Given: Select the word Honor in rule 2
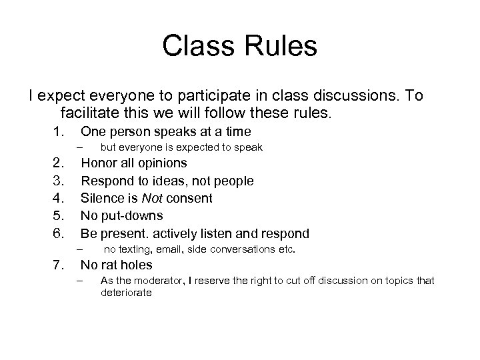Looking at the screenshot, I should pyautogui.click(x=100, y=163).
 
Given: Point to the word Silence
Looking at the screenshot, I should pyautogui.click(x=103, y=198).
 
